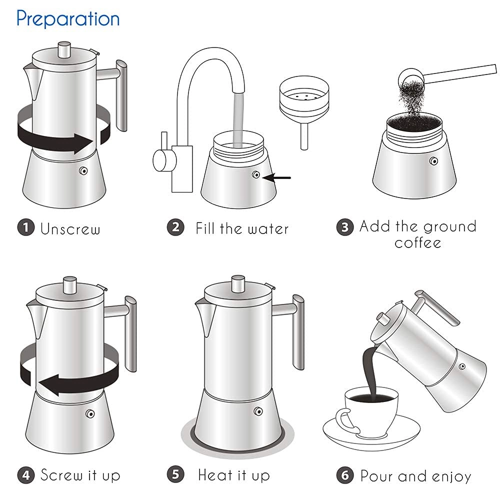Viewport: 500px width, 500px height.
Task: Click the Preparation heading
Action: click(68, 18)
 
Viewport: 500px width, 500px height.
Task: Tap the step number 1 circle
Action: click(26, 228)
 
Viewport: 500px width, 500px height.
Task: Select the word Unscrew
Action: click(70, 229)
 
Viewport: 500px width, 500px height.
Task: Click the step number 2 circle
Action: click(175, 227)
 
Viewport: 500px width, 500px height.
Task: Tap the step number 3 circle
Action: click(344, 227)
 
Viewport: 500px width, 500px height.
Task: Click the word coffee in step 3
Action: click(418, 243)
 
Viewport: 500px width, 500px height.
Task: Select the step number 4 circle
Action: click(26, 474)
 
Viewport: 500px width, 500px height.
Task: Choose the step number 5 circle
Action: click(175, 474)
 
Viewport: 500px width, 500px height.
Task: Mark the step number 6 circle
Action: click(344, 475)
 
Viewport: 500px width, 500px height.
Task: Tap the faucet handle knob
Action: click(161, 160)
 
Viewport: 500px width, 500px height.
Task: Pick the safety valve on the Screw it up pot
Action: click(90, 414)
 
